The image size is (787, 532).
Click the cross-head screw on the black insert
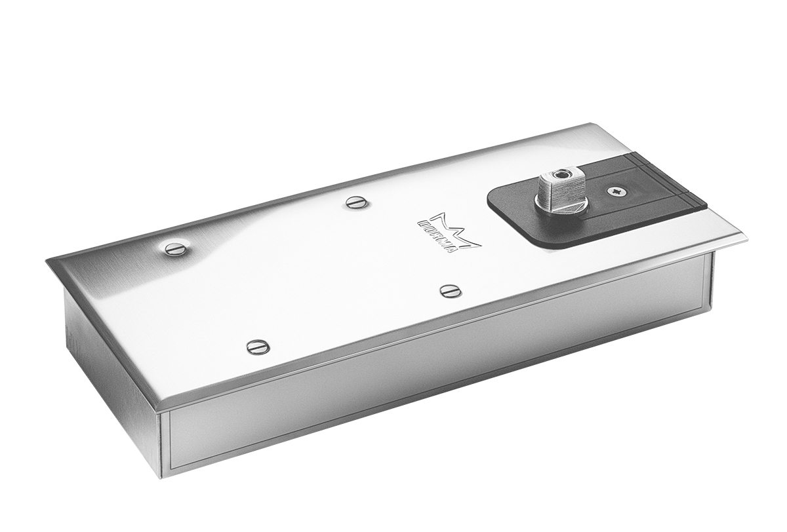(614, 191)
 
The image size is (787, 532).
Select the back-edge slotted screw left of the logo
(357, 204)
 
